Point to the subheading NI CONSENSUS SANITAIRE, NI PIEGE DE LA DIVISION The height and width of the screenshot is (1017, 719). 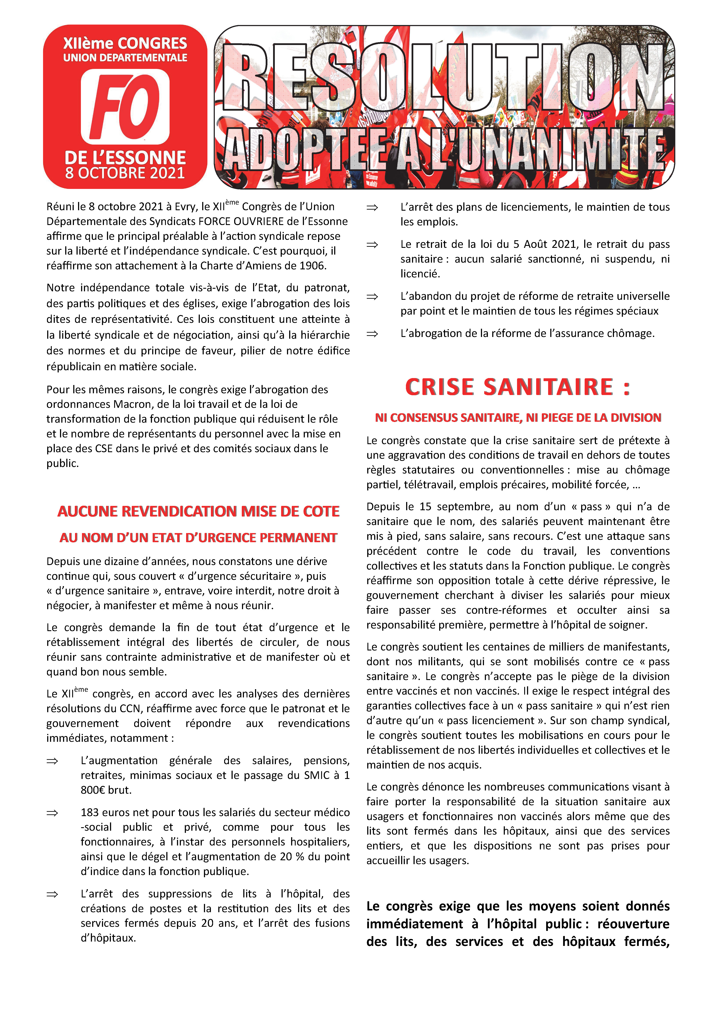[517, 418]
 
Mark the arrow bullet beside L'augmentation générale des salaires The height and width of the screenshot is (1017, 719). [52, 761]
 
